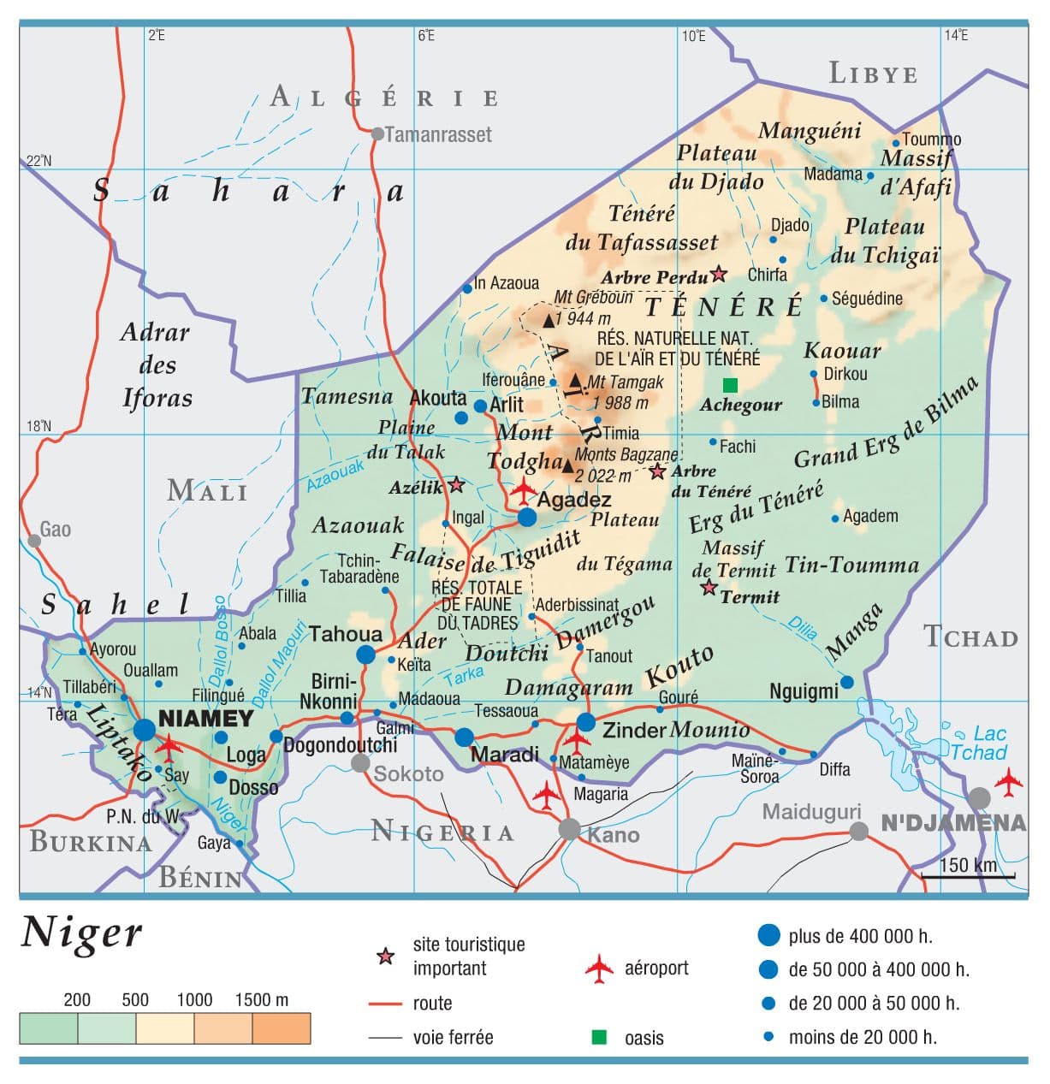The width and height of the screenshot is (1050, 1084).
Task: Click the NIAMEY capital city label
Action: (x=206, y=718)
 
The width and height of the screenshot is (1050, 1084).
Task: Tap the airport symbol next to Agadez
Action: (x=524, y=491)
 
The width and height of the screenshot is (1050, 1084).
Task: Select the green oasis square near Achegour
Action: (x=730, y=385)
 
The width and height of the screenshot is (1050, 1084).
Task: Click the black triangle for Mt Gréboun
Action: (x=549, y=321)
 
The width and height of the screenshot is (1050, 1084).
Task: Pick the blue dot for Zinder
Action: (x=585, y=722)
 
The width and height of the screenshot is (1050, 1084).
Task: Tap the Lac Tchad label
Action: (x=978, y=743)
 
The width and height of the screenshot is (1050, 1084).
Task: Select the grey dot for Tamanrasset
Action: (x=377, y=133)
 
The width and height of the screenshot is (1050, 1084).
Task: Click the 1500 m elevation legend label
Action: (x=262, y=999)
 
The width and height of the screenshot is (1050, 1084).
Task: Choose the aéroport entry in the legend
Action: (x=656, y=968)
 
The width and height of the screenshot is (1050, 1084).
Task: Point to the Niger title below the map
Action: (x=81, y=932)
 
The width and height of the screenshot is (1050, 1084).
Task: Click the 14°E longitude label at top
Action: (x=956, y=35)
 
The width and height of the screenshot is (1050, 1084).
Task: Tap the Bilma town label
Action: (x=840, y=401)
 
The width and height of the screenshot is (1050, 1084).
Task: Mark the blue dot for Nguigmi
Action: (x=846, y=682)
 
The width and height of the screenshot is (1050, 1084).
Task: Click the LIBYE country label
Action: (x=873, y=74)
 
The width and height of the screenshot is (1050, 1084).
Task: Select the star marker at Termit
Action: (x=709, y=588)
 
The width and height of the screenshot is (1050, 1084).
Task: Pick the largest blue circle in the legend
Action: (x=769, y=935)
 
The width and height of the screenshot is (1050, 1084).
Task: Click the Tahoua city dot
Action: (x=366, y=655)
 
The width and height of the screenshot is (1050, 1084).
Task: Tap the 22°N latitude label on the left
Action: (x=39, y=161)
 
